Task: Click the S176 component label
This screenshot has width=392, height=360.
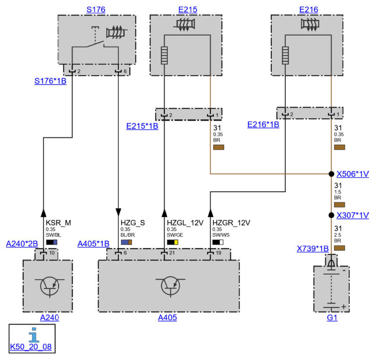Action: (x=96, y=9)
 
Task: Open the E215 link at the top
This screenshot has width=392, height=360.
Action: (x=187, y=9)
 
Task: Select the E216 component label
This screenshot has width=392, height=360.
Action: (x=309, y=9)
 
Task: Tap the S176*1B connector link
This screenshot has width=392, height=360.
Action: (x=50, y=81)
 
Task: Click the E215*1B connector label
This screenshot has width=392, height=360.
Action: (x=142, y=126)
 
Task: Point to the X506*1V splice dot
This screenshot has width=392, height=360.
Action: (x=331, y=174)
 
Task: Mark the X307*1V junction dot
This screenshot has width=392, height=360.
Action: (x=331, y=215)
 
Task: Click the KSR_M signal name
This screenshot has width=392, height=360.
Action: (x=58, y=223)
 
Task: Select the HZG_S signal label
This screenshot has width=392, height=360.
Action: (x=133, y=223)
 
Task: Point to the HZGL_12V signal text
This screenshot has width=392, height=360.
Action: (x=185, y=223)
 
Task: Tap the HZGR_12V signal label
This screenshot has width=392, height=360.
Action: (x=231, y=223)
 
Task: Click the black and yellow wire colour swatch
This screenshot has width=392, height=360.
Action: (x=173, y=242)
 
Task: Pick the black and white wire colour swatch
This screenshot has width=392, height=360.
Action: (x=218, y=242)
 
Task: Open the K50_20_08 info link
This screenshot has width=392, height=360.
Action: (x=31, y=347)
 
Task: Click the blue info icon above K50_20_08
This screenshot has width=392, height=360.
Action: (x=34, y=335)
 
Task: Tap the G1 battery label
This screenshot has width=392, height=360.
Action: (x=332, y=318)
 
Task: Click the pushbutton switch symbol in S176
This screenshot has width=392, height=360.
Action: (x=95, y=37)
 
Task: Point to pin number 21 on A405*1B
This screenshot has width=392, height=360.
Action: (x=172, y=253)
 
